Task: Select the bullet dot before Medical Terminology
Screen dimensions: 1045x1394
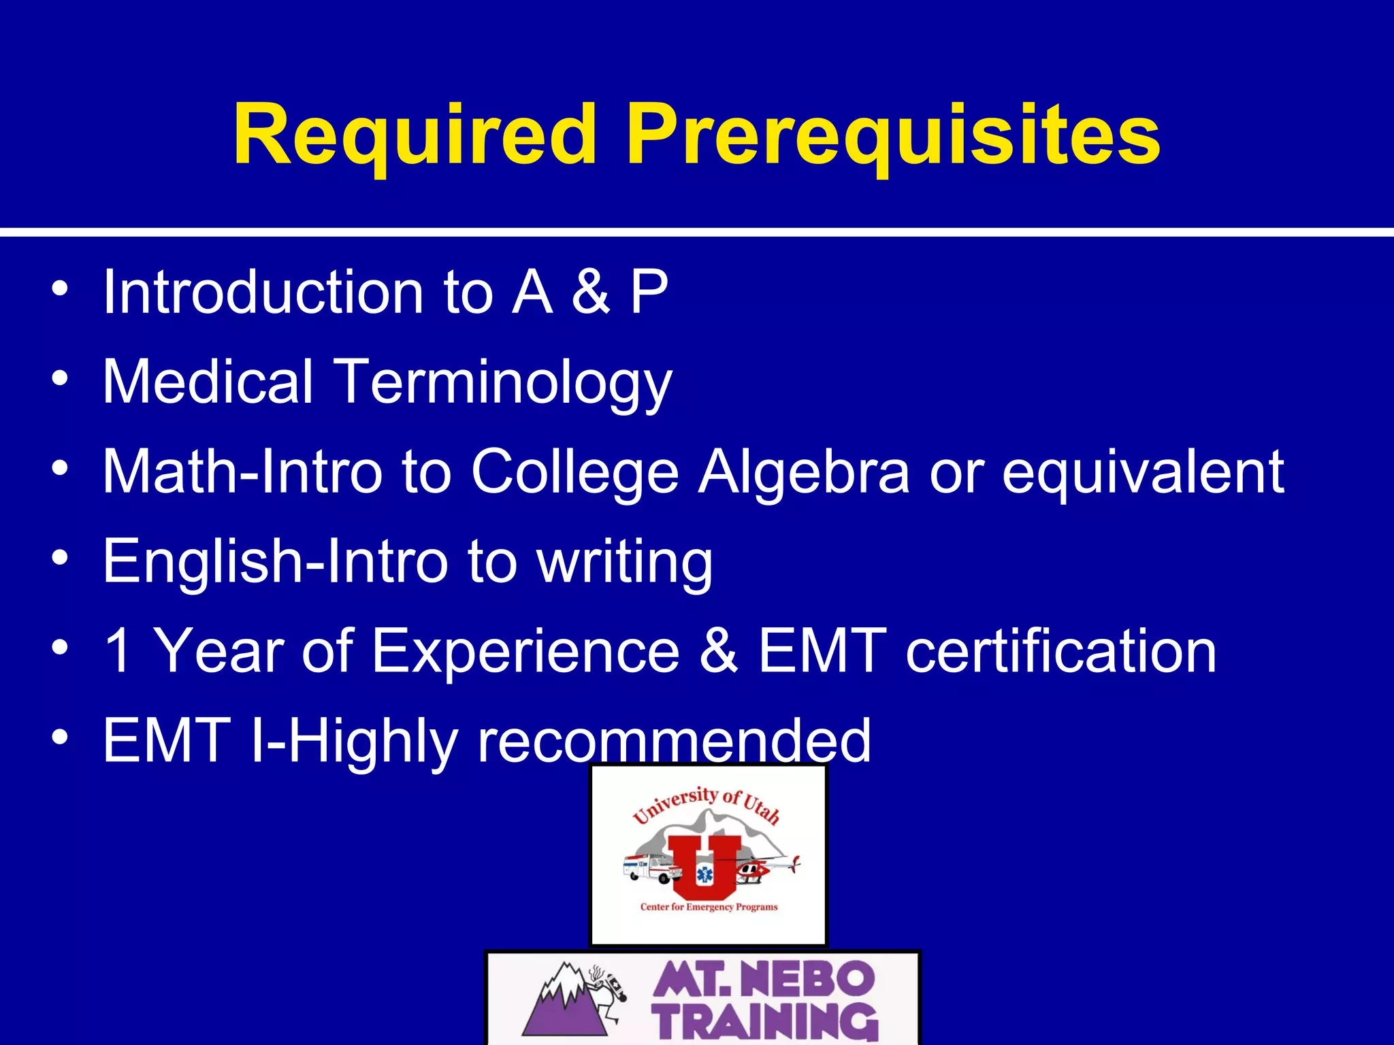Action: pos(60,378)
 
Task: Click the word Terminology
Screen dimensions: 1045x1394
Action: pos(504,383)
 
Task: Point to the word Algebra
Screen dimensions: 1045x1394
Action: pos(804,472)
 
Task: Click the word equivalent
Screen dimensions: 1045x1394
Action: pos(1143,474)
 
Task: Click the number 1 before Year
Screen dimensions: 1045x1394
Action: pos(118,651)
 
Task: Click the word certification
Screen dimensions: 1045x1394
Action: pos(1060,651)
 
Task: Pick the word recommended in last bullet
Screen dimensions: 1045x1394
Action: pos(674,741)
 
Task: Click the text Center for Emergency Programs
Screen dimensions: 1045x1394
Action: pos(709,907)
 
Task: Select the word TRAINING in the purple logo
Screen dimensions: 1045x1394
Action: pos(766,1021)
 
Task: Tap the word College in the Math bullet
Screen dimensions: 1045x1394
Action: pos(574,474)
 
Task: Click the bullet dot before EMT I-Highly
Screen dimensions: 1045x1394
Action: pos(60,737)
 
